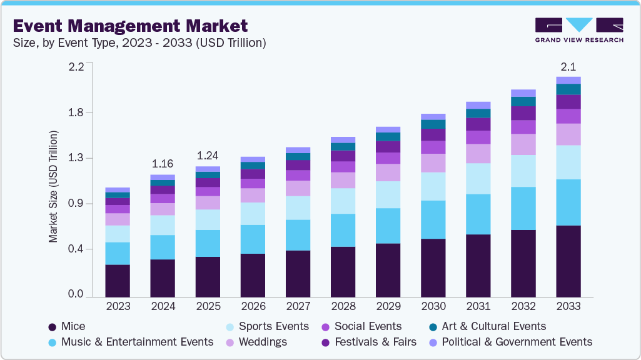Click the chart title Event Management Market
click(x=130, y=26)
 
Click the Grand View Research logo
click(x=578, y=29)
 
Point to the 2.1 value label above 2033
click(x=568, y=67)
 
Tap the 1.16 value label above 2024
click(x=163, y=164)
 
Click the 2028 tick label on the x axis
click(x=343, y=307)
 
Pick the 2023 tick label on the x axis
click(x=118, y=307)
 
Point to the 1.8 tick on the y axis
click(x=76, y=112)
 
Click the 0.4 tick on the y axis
click(x=76, y=249)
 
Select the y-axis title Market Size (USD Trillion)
click(x=54, y=187)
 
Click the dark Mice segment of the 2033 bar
click(x=568, y=261)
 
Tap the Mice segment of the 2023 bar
click(x=118, y=281)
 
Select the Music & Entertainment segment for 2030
click(x=433, y=219)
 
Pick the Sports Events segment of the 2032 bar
click(x=523, y=171)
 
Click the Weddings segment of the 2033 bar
click(x=568, y=134)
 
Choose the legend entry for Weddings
click(x=262, y=342)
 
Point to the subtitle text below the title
click(x=139, y=43)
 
